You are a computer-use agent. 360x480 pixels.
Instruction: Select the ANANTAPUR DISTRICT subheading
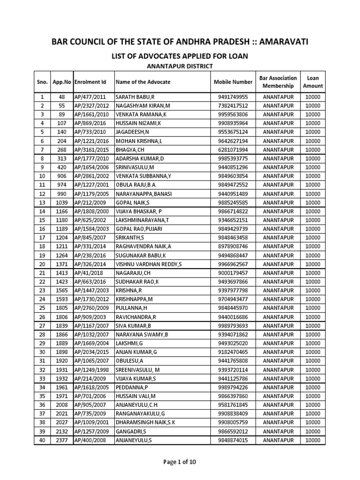click(x=180, y=67)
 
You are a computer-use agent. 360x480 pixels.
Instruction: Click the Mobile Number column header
click(x=233, y=82)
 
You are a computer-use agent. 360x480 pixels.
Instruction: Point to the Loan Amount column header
click(x=313, y=82)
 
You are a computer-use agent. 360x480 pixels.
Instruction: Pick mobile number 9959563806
click(x=233, y=114)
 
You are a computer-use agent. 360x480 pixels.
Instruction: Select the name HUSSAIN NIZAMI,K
click(x=138, y=123)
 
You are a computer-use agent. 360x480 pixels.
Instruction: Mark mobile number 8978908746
click(x=233, y=247)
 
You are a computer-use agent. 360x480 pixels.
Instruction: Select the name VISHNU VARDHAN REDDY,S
click(x=149, y=264)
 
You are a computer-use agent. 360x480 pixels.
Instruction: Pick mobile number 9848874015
click(x=233, y=440)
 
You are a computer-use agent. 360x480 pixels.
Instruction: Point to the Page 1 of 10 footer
click(x=180, y=462)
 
